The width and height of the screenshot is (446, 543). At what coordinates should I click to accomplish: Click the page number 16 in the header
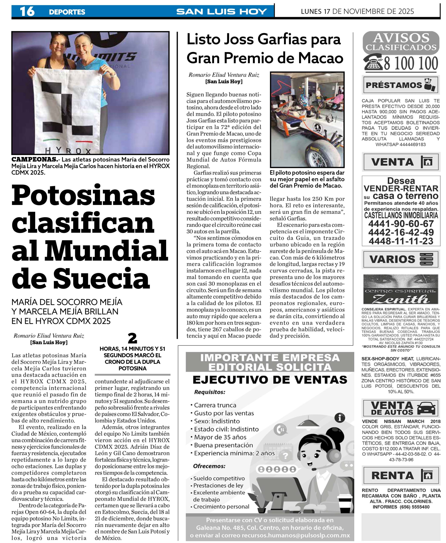(x=27, y=11)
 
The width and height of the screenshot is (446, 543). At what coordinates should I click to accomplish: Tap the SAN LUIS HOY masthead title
(x=222, y=11)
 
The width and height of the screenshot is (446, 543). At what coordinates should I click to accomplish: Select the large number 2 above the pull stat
(x=132, y=339)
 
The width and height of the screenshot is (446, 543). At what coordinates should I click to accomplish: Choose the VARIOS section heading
(x=392, y=259)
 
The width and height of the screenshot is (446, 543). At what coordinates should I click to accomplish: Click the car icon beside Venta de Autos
(x=426, y=409)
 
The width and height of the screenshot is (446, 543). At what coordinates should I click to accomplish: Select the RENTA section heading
(x=392, y=476)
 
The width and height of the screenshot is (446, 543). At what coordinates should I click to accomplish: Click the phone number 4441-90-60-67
(x=401, y=224)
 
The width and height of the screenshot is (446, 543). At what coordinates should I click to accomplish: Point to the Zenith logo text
(x=401, y=299)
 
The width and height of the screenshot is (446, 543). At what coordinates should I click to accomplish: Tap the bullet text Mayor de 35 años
(x=220, y=437)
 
